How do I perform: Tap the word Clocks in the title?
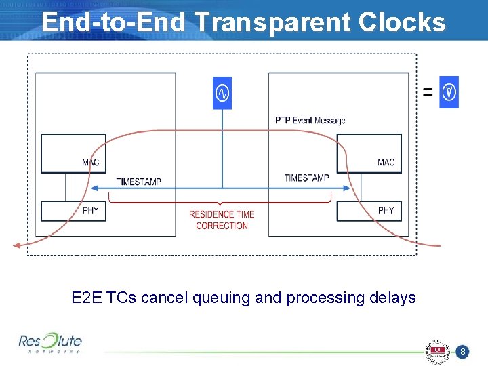click(x=402, y=22)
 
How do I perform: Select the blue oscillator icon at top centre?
click(x=222, y=93)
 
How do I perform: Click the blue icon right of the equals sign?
click(x=449, y=91)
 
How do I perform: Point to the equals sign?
click(x=428, y=91)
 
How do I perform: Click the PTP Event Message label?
click(x=310, y=121)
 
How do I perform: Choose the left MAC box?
click(x=74, y=153)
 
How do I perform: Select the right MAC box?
click(x=369, y=153)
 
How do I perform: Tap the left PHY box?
click(x=74, y=211)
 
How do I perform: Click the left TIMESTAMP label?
click(x=139, y=181)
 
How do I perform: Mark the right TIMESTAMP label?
click(x=306, y=178)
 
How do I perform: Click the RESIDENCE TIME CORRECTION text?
click(x=222, y=220)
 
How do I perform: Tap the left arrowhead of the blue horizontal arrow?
click(x=94, y=188)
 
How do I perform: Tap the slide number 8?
click(x=461, y=352)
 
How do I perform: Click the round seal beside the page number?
click(x=437, y=352)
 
